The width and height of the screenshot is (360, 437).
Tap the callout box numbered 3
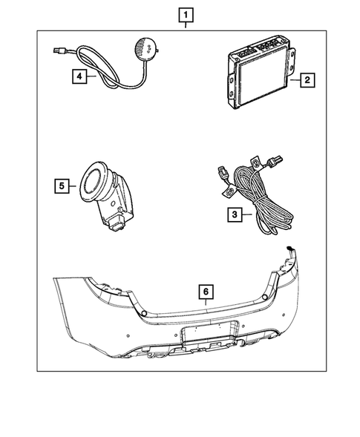coord(234,216)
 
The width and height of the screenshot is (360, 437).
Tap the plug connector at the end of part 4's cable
coord(59,51)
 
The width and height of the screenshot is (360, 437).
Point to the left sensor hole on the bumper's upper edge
coord(142,315)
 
